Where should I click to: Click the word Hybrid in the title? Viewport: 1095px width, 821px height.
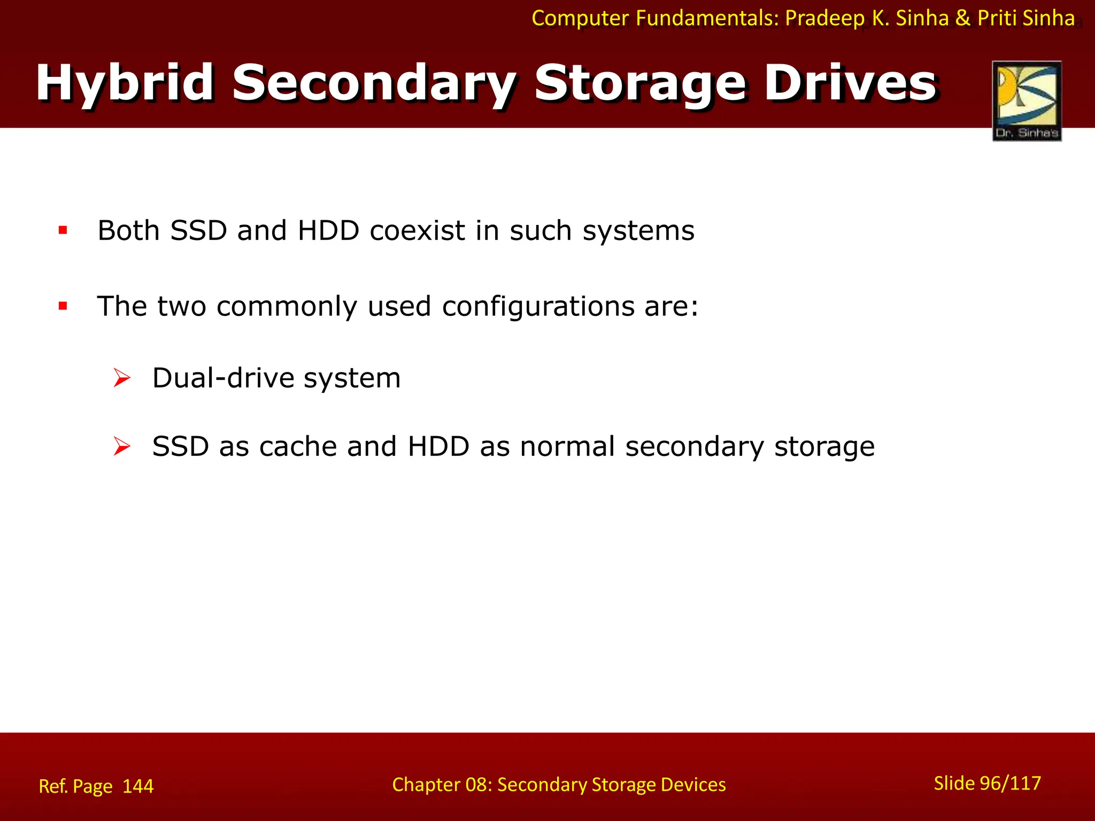[x=125, y=83]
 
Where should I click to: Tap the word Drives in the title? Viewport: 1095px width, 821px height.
[x=850, y=83]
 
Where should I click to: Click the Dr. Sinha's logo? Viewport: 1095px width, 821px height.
[x=1027, y=100]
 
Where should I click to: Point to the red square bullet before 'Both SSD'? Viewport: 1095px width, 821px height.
[x=63, y=230]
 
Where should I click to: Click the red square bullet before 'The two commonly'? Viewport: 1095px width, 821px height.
[x=63, y=306]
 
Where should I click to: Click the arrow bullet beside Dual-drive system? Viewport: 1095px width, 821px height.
[x=122, y=378]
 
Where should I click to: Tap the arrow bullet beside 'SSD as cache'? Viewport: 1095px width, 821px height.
[x=122, y=446]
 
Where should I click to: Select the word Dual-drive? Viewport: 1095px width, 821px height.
[x=223, y=378]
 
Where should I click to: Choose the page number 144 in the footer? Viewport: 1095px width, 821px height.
[x=138, y=786]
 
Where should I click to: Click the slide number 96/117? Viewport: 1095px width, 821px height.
[x=1010, y=783]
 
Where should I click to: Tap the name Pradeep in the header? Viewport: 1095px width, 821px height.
[x=824, y=18]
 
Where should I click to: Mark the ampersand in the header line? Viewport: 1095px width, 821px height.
[x=962, y=18]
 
